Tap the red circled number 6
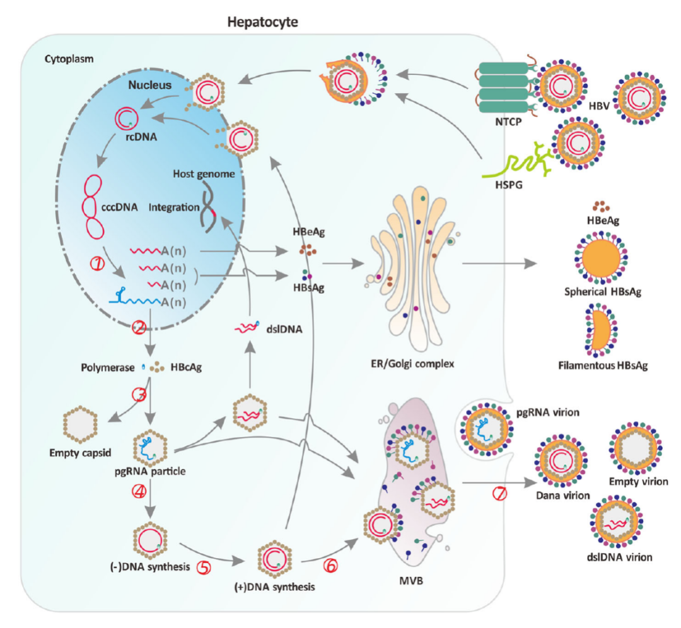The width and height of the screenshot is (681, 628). (330, 566)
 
